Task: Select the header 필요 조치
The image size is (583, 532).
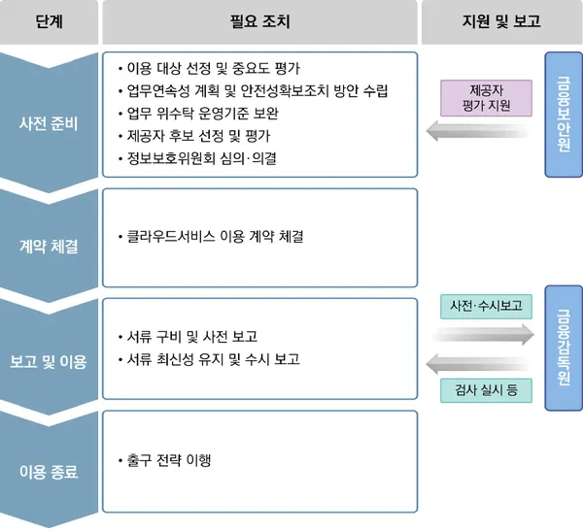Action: coord(261,21)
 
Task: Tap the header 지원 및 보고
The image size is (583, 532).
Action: coord(499,21)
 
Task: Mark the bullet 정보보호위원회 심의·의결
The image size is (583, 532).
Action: coord(200,159)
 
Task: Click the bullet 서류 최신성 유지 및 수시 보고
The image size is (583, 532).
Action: coord(212,359)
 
